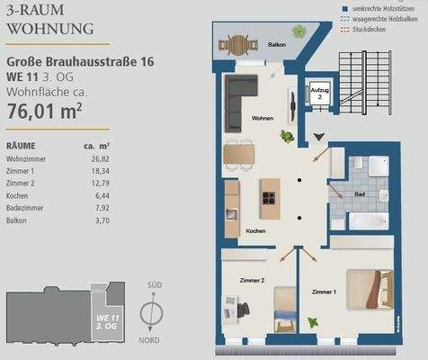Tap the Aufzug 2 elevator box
click(319, 94)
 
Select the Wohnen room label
click(263, 118)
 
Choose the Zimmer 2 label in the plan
click(253, 281)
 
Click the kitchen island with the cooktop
click(269, 196)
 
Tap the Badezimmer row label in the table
click(26, 207)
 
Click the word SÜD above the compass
click(153, 285)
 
